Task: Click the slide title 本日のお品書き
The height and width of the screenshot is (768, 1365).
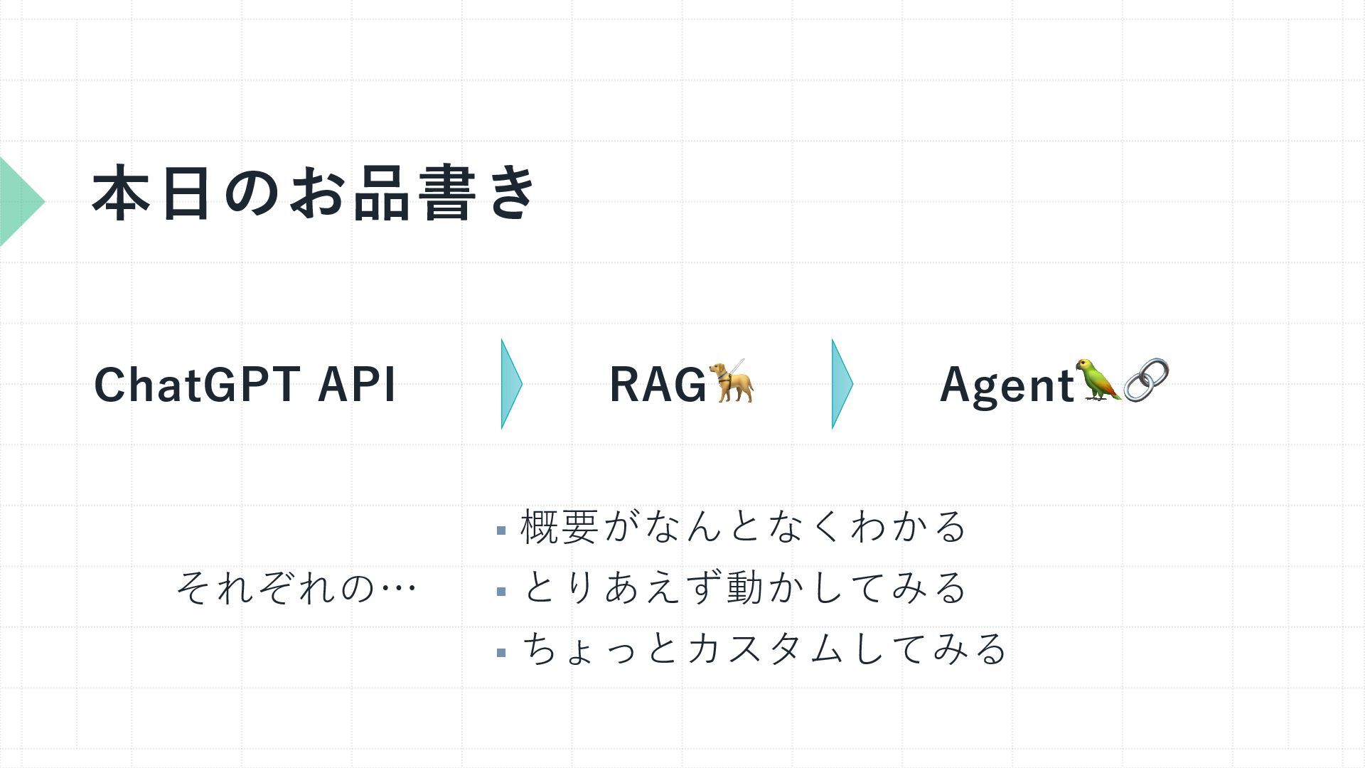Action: point(314,193)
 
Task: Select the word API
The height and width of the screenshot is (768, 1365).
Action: point(356,385)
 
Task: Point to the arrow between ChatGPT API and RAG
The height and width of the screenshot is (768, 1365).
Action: point(510,384)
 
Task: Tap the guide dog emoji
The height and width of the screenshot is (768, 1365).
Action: point(732,381)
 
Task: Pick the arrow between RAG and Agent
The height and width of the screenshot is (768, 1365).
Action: point(841,384)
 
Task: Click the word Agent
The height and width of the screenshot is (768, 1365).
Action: point(1007,385)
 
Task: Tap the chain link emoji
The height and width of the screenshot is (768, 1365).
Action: point(1146,380)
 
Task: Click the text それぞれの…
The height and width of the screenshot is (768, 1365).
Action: point(296,588)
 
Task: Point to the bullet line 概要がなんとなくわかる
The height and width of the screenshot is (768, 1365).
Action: point(743,527)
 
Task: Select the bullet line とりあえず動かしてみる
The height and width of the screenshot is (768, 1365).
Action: point(743,588)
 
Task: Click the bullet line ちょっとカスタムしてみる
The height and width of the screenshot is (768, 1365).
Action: point(764,649)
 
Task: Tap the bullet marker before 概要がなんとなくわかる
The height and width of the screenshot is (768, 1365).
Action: point(501,530)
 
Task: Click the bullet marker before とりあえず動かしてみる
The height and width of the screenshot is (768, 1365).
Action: point(501,592)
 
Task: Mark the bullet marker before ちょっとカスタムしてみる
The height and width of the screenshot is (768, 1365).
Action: point(501,652)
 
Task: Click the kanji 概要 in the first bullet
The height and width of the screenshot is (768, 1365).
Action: point(559,527)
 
